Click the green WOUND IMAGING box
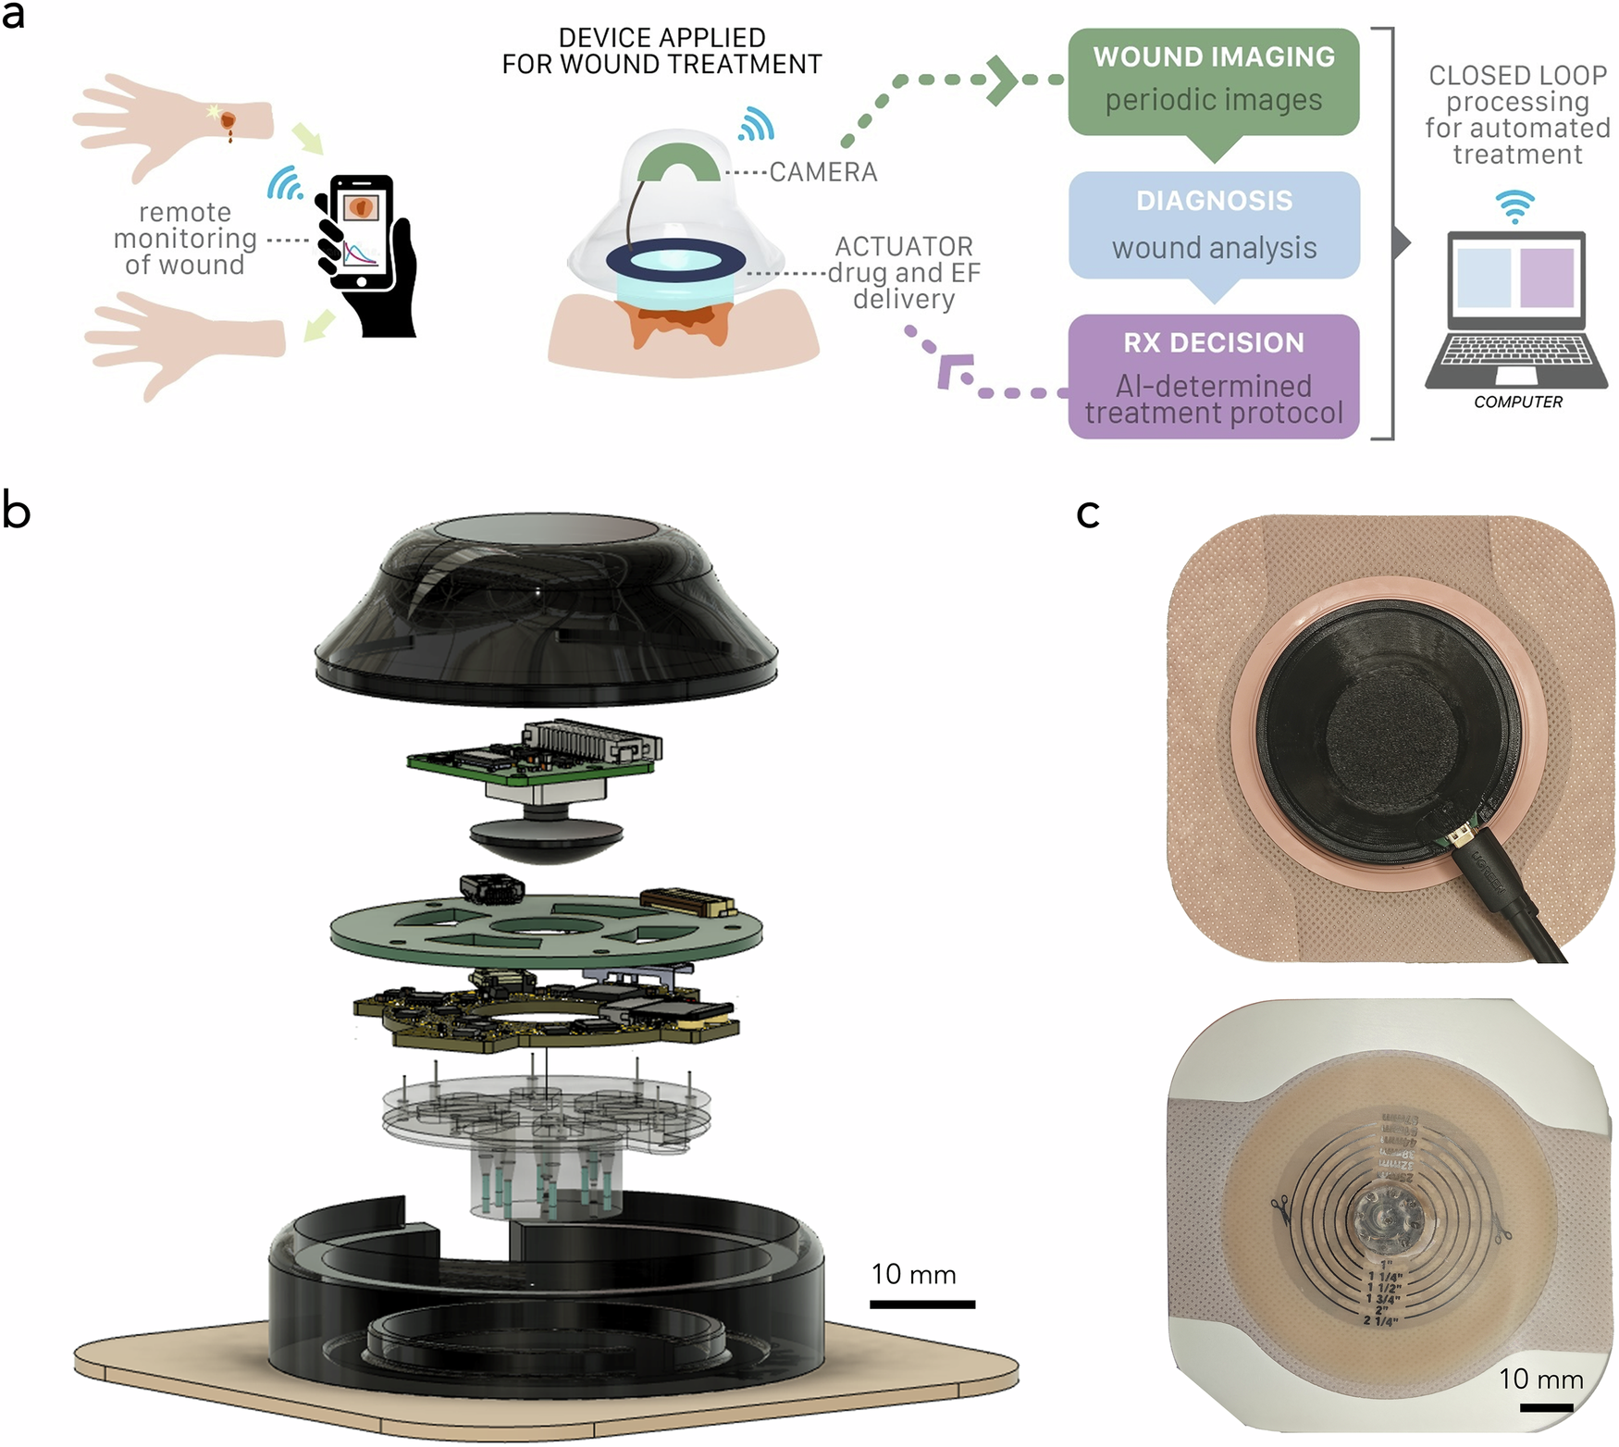(1213, 81)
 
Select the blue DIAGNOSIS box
(1213, 225)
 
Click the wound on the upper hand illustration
(228, 120)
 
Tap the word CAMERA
(822, 172)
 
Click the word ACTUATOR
(903, 246)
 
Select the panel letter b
(16, 511)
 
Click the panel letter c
(1088, 513)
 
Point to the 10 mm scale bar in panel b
(921, 1304)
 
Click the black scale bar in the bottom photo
(1545, 1407)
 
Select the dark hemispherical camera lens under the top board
(546, 837)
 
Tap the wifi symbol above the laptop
(1514, 205)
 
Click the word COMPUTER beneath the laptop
(1517, 402)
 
